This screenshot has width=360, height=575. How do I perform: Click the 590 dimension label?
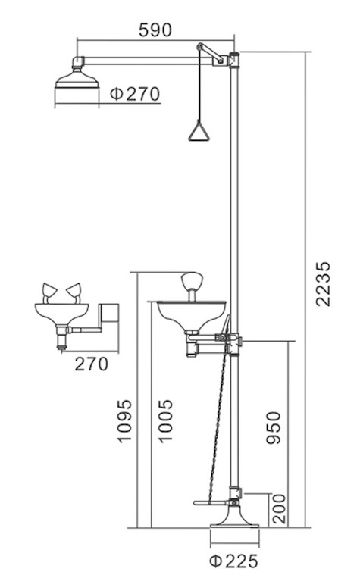[155, 30]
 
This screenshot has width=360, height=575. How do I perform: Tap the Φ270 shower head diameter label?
[135, 94]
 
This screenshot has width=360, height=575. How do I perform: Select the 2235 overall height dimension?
[323, 284]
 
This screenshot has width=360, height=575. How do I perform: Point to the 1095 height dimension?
[124, 421]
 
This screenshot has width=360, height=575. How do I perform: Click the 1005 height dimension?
[165, 421]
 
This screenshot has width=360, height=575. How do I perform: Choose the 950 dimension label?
[273, 428]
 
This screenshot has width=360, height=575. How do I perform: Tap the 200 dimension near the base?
[279, 508]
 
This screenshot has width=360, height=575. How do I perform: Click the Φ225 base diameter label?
[233, 561]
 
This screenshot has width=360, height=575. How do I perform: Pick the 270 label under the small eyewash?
[92, 364]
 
